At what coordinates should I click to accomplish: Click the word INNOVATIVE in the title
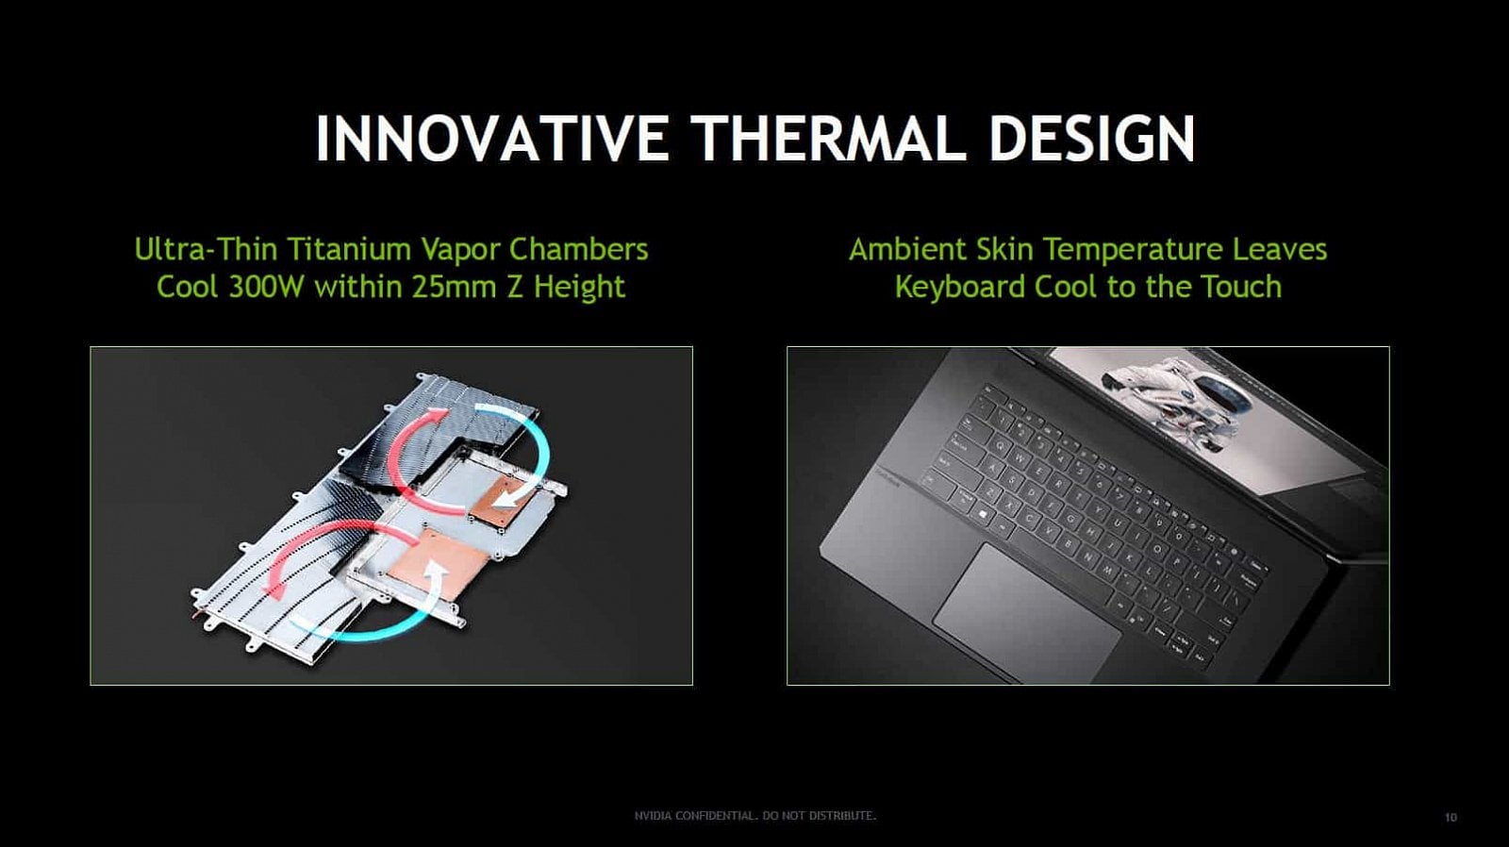pyautogui.click(x=491, y=139)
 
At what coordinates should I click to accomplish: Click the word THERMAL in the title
pyautogui.click(x=829, y=139)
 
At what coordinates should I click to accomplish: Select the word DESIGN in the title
pyautogui.click(x=1091, y=139)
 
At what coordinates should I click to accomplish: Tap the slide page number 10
pyautogui.click(x=1451, y=817)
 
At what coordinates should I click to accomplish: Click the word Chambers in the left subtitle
pyautogui.click(x=578, y=249)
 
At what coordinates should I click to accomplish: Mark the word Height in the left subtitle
pyautogui.click(x=579, y=287)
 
